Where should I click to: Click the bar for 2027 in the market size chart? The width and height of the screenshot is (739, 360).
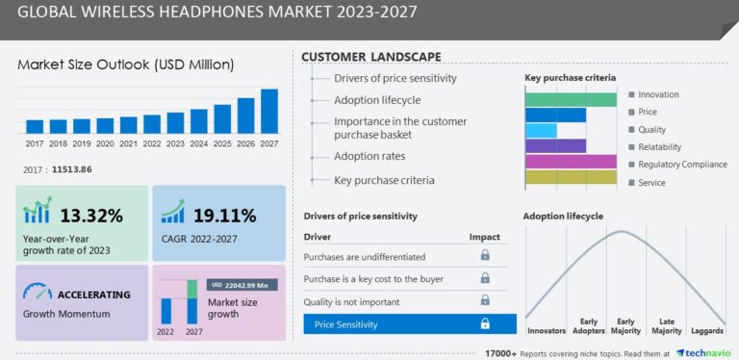click(269, 111)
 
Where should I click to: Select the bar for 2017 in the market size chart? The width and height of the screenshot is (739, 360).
click(35, 126)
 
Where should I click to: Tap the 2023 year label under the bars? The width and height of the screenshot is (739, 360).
click(175, 143)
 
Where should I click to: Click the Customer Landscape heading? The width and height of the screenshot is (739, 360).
click(371, 57)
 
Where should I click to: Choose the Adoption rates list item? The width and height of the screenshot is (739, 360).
click(369, 156)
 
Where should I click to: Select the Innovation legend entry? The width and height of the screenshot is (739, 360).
click(658, 94)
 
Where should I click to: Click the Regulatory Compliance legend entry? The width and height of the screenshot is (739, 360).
click(682, 164)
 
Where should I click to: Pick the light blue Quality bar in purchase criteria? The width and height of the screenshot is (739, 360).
click(541, 130)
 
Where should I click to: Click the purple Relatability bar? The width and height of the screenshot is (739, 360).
click(555, 146)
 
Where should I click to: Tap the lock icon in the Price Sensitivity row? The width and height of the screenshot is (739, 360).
click(485, 324)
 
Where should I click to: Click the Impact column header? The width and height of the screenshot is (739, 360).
click(484, 236)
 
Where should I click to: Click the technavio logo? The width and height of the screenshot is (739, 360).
click(706, 352)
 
